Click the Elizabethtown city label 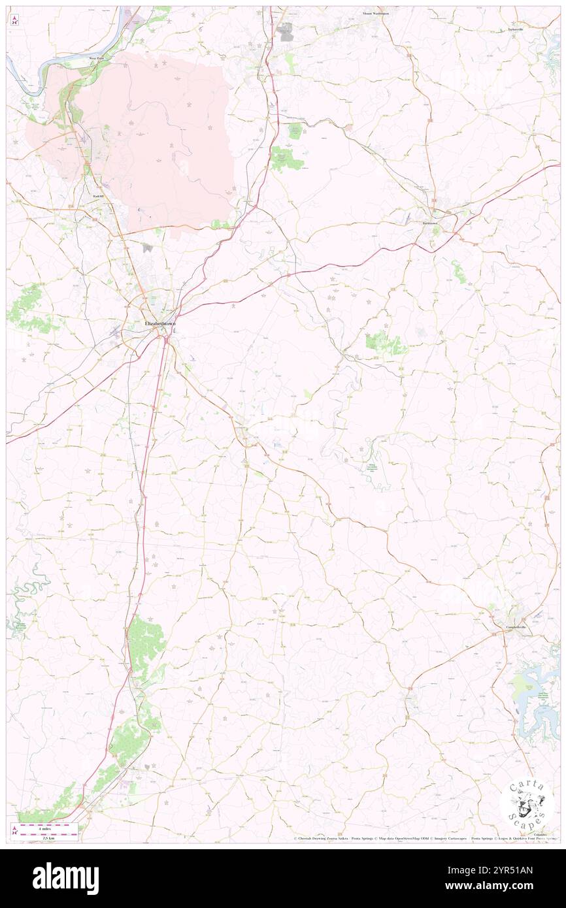pyautogui.click(x=161, y=321)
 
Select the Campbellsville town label pyautogui.click(x=516, y=626)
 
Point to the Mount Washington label pyautogui.click(x=376, y=13)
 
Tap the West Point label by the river pyautogui.click(x=97, y=59)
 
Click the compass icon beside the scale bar pyautogui.click(x=14, y=830)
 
